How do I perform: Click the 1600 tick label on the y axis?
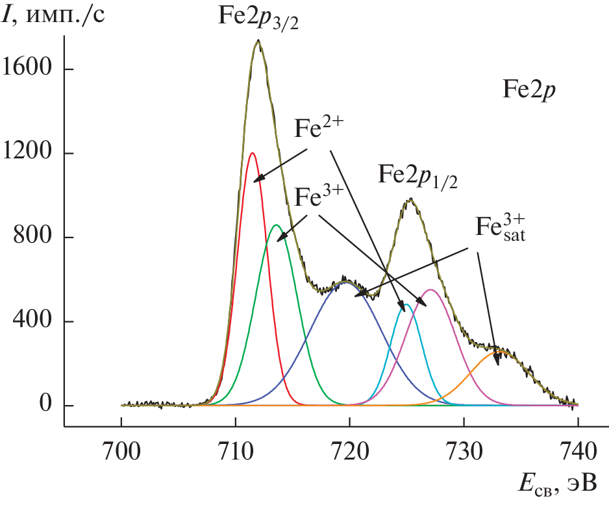point(28,69)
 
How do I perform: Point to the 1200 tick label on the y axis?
point(28,154)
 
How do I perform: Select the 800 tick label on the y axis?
point(34,238)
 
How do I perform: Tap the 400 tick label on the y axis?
point(34,321)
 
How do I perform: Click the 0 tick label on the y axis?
point(45,406)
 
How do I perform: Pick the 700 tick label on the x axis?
point(121,449)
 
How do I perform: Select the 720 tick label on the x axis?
point(350,449)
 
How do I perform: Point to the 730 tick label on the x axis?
point(464,449)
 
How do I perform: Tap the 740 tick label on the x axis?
point(578,449)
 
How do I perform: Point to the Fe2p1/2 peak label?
point(418,177)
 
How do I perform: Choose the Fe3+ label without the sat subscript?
point(319,195)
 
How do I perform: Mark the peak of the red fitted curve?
point(252,153)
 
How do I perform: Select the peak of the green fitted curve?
point(276,225)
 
